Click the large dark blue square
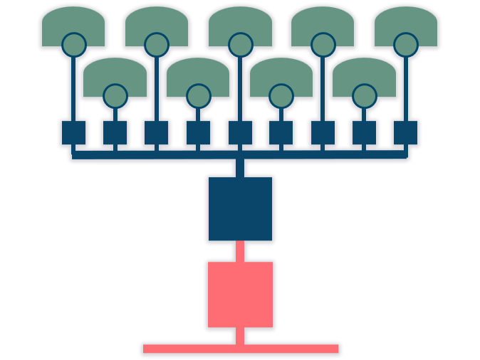240,208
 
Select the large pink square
240,295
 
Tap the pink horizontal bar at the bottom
241,349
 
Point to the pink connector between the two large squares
240,251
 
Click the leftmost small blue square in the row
73,133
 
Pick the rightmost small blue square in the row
406,133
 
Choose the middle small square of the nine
240,133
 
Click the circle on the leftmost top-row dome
74,45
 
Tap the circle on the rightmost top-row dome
406,45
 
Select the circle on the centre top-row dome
241,45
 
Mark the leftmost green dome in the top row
73,21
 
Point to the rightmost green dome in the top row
406,21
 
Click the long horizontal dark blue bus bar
178,154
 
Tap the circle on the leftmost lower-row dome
115,96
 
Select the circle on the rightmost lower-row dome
365,96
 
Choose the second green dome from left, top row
157,21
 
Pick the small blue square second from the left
115,133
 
